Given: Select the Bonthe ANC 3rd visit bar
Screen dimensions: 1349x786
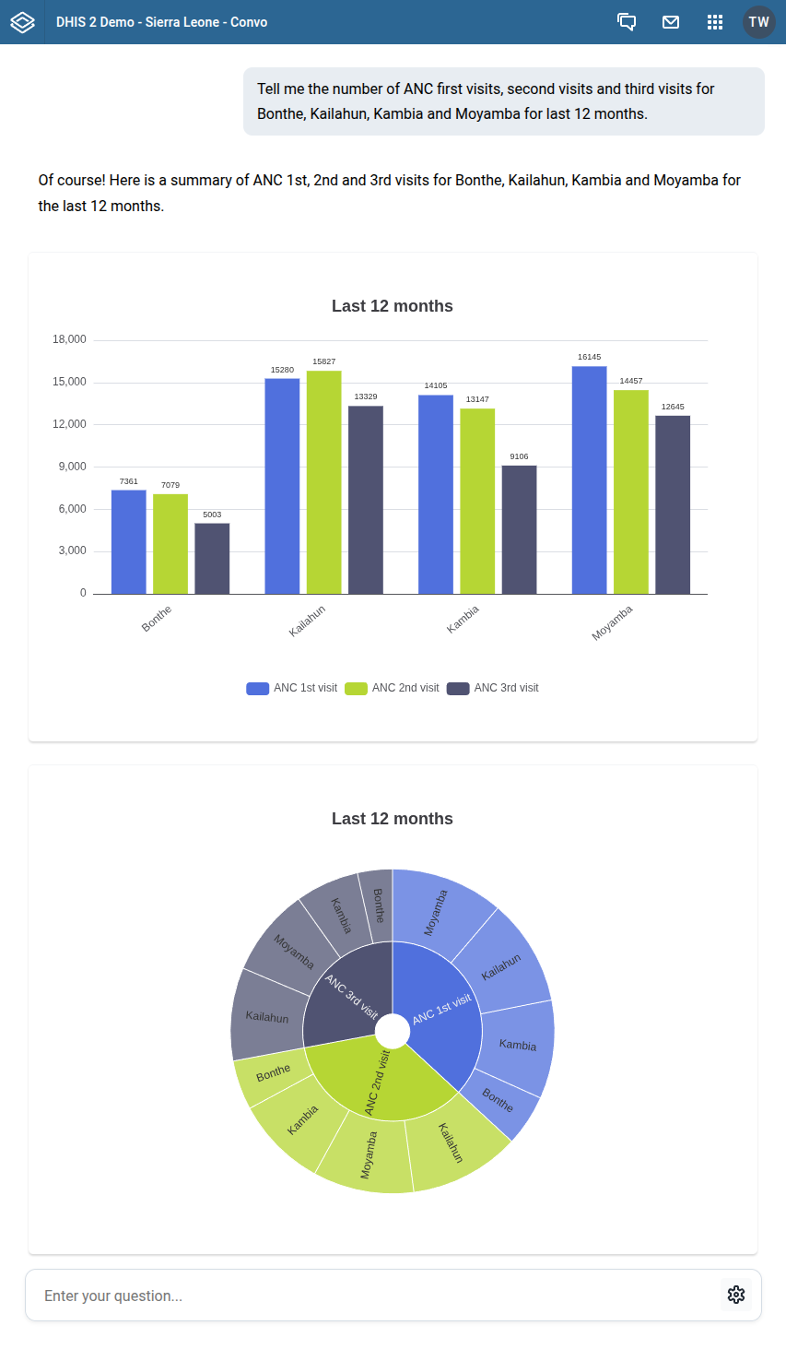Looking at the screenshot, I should (212, 559).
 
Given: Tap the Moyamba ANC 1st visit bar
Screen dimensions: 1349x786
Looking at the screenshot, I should (589, 479).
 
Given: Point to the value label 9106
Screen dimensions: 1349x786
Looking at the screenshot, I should (519, 456).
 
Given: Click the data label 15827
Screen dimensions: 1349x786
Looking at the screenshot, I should (323, 361).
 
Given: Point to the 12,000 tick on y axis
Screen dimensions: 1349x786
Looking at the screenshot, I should (69, 424).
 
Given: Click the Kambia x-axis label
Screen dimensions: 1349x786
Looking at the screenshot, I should (463, 620).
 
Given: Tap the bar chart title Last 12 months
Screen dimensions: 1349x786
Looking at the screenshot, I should (393, 306).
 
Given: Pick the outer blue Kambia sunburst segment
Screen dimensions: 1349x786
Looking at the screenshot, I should (517, 1045).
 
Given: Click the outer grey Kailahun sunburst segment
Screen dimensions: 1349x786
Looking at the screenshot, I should (267, 1017).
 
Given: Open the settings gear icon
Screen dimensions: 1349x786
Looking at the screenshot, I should (735, 1295).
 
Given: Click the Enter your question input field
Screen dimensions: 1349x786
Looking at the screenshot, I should (369, 1296).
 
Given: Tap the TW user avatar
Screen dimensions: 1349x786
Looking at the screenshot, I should (758, 22).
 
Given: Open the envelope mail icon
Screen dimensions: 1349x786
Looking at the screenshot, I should (671, 22).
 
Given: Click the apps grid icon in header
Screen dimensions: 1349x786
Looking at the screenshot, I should (715, 22).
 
